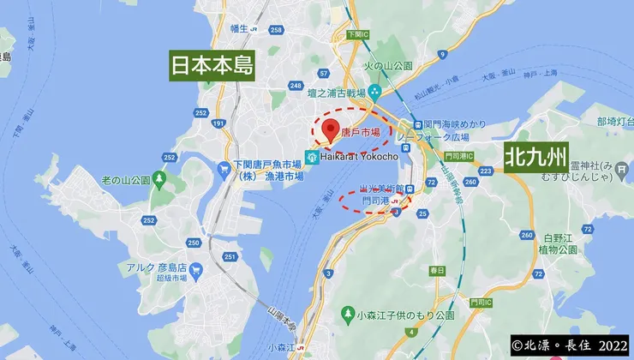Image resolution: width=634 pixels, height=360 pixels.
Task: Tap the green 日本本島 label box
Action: pyautogui.click(x=212, y=65)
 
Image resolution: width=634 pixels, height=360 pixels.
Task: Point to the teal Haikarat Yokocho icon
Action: pyautogui.click(x=313, y=157)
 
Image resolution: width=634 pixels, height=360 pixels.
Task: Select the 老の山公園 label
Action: pyautogui.click(x=126, y=180)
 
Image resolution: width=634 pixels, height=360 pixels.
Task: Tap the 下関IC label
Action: pyautogui.click(x=358, y=34)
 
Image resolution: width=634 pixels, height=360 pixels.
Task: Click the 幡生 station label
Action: pyautogui.click(x=238, y=28)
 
